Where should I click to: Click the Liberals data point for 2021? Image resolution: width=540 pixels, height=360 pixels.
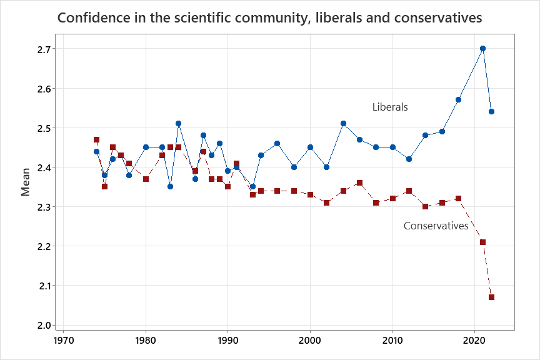pos(482,48)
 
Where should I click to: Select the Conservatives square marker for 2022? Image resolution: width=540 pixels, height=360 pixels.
pos(491,297)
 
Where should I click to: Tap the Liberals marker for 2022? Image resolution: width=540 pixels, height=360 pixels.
pos(491,111)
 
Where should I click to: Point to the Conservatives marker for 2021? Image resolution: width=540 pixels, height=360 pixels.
pos(482,242)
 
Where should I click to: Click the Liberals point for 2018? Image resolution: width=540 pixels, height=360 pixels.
pos(458,99)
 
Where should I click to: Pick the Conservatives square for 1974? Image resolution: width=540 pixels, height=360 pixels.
pos(96,139)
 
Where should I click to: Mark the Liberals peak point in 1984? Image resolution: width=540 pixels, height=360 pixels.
pos(178,123)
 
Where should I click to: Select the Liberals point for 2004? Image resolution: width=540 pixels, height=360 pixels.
pos(343,123)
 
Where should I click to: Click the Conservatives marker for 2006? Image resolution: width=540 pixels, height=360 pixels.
pos(359,182)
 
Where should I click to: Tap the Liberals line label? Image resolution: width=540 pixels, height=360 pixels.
pos(390,107)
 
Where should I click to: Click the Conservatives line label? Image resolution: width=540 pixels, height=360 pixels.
pos(436,226)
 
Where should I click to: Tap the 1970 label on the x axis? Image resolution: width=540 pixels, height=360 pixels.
pos(63,342)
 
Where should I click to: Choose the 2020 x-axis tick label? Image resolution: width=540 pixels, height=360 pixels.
pos(474,342)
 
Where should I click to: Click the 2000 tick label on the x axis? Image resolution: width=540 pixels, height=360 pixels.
pos(310,342)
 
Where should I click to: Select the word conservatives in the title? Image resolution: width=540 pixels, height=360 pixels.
pos(438,18)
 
